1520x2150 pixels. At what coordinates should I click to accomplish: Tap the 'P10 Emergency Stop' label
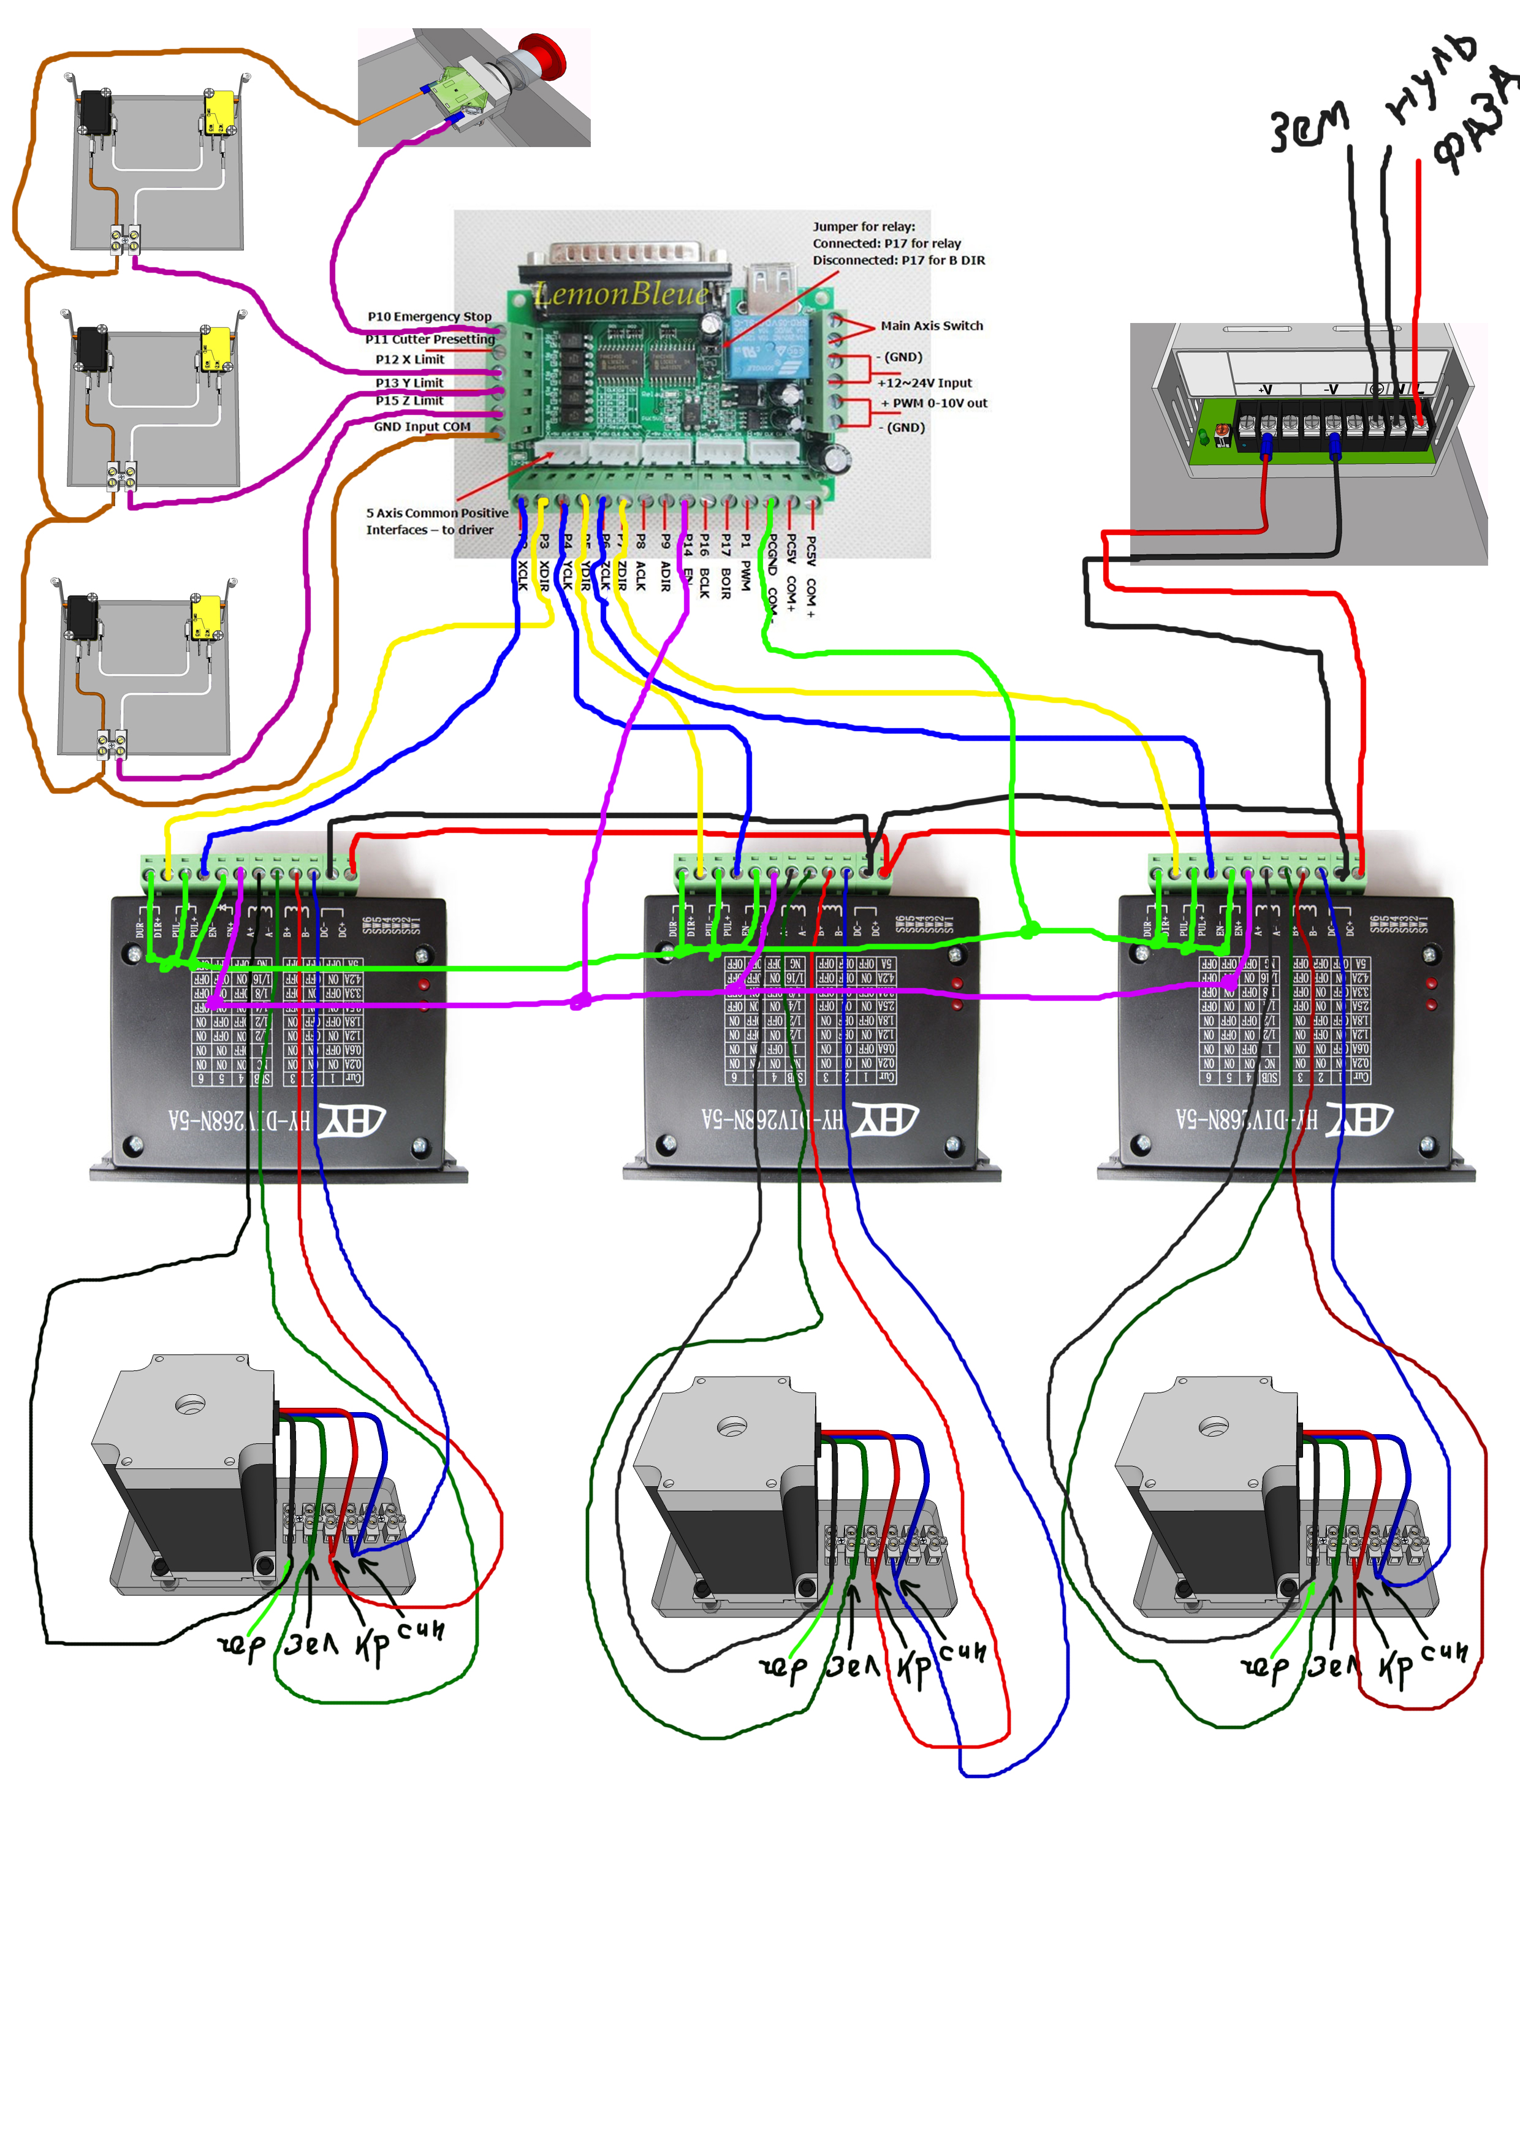click(429, 316)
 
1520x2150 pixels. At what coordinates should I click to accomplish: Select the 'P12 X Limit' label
click(409, 360)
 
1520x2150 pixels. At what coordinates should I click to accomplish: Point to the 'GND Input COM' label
click(422, 427)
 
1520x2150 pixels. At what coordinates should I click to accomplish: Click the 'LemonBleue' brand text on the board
click(621, 294)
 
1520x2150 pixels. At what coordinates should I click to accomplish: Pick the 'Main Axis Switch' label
click(931, 326)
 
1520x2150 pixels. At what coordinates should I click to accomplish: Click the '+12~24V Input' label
click(924, 383)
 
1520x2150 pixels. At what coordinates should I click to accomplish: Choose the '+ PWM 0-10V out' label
click(933, 404)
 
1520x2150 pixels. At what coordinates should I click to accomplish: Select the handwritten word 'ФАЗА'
click(1477, 122)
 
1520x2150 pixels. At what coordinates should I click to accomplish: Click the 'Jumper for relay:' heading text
click(864, 227)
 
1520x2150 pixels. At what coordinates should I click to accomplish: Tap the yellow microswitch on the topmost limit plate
click(220, 110)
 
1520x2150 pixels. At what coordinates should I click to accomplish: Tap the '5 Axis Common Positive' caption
click(436, 513)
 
